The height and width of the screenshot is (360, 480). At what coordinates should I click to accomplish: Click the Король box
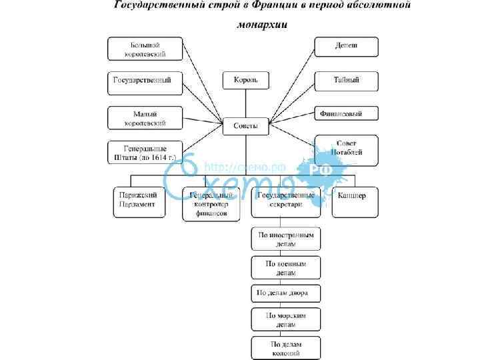pos(245,81)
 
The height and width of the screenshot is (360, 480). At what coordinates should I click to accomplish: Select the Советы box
pos(245,124)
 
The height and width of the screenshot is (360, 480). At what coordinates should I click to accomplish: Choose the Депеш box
pos(346,47)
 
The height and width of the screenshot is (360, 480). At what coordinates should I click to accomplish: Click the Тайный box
pos(346,81)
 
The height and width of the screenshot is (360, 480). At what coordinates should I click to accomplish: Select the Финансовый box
pos(346,114)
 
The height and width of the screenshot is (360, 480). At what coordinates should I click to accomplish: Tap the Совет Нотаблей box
pos(346,149)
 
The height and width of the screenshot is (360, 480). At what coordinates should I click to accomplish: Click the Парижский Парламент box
pos(139,201)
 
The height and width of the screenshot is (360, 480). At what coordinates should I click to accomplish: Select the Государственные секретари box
pos(286,201)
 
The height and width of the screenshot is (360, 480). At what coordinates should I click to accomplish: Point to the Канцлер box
pos(355,201)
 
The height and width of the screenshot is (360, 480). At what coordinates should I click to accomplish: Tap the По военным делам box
pos(286,267)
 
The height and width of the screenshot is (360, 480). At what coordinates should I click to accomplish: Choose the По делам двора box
pos(286,293)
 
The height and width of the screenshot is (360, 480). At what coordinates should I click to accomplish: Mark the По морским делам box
pos(286,318)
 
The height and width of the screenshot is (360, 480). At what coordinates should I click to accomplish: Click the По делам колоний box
pos(286,347)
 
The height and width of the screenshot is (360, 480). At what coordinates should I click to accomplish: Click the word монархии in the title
pos(262,25)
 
